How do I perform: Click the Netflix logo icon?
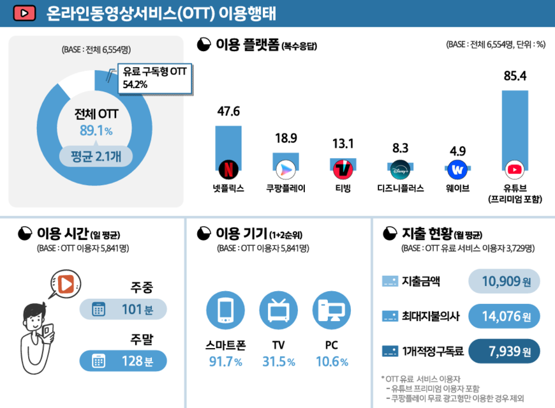[228, 169]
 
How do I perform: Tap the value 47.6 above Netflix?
[228, 112]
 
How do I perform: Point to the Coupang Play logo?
[285, 170]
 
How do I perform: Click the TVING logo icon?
[343, 169]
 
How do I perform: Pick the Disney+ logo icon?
[400, 170]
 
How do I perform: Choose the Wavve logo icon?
[457, 170]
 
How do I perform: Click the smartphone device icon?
[225, 310]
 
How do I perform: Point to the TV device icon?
[279, 310]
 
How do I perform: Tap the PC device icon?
[332, 310]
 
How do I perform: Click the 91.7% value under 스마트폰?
[225, 362]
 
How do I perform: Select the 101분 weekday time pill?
[123, 310]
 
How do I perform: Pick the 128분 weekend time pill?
[123, 361]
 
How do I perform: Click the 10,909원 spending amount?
[504, 281]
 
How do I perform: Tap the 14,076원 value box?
[504, 316]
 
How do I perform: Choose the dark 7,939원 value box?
[504, 351]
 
